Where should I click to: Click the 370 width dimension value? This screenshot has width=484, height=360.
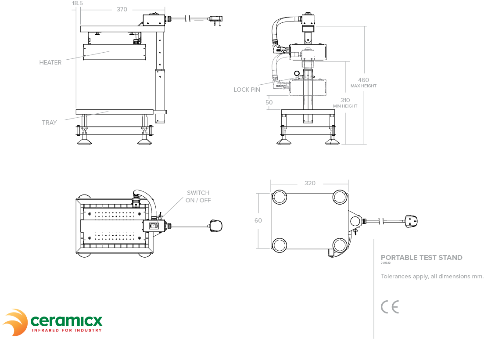tap(122, 9)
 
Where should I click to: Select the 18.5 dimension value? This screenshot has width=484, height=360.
tap(77, 3)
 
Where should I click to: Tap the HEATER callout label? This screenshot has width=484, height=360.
tap(50, 62)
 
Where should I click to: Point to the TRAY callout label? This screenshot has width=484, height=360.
tap(50, 122)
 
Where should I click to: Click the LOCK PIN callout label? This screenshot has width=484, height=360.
tap(247, 90)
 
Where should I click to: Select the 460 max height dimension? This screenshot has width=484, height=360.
tap(363, 80)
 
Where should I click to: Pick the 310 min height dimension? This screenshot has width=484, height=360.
tap(345, 101)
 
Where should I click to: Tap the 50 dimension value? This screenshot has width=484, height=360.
tap(269, 102)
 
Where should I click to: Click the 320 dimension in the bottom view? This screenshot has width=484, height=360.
tap(310, 183)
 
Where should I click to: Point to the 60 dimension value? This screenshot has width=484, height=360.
tap(258, 220)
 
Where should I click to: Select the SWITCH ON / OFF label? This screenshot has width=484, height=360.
tap(198, 196)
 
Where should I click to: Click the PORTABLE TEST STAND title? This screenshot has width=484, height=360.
tap(421, 258)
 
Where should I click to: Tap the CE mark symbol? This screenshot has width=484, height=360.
tap(390, 307)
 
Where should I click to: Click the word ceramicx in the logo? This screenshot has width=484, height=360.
tap(66, 320)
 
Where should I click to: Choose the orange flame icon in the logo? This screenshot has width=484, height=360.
tap(16, 322)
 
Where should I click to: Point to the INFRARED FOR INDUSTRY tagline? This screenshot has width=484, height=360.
tap(67, 330)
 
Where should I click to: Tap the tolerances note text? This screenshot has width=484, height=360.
tap(432, 277)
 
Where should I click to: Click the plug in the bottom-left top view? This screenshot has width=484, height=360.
tap(216, 226)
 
